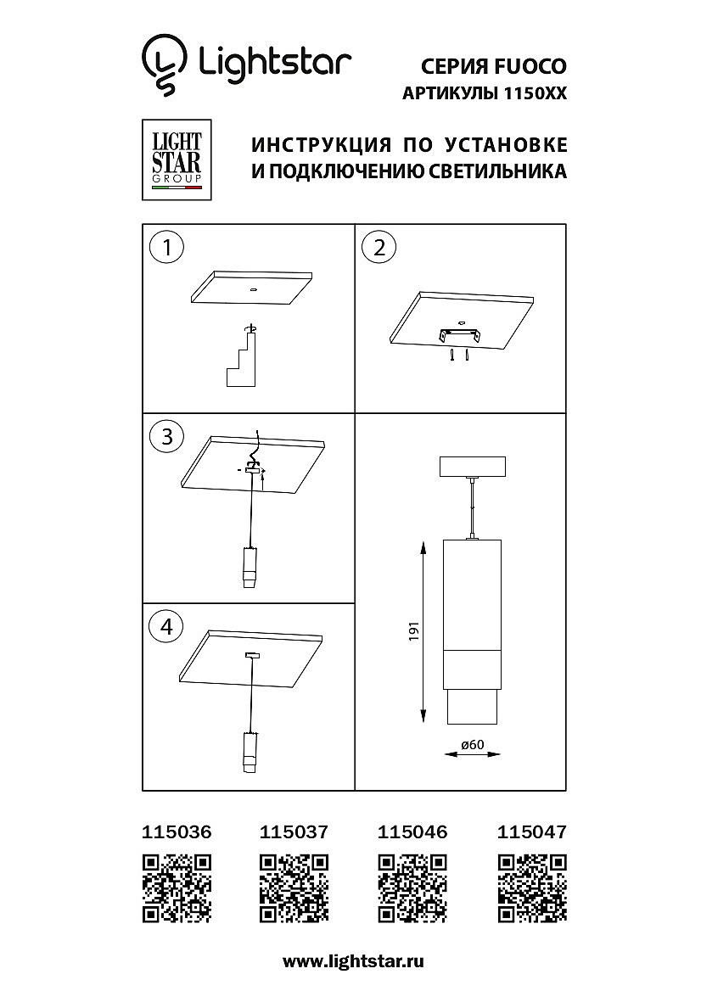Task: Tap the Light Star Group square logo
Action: pyautogui.click(x=177, y=160)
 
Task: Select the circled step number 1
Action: pyautogui.click(x=167, y=247)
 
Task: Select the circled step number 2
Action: pyautogui.click(x=379, y=247)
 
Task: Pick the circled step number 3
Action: pyautogui.click(x=167, y=437)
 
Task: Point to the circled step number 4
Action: pyautogui.click(x=167, y=626)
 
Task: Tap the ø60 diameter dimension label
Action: pyautogui.click(x=473, y=744)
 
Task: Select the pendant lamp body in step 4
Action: pyautogui.click(x=250, y=753)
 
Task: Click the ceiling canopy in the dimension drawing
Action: pyautogui.click(x=473, y=467)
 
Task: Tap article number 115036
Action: pyautogui.click(x=177, y=831)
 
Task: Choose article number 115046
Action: pyautogui.click(x=412, y=831)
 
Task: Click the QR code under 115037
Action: pyautogui.click(x=294, y=887)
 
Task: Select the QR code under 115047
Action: pyautogui.click(x=531, y=887)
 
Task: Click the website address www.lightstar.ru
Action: pyautogui.click(x=353, y=962)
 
